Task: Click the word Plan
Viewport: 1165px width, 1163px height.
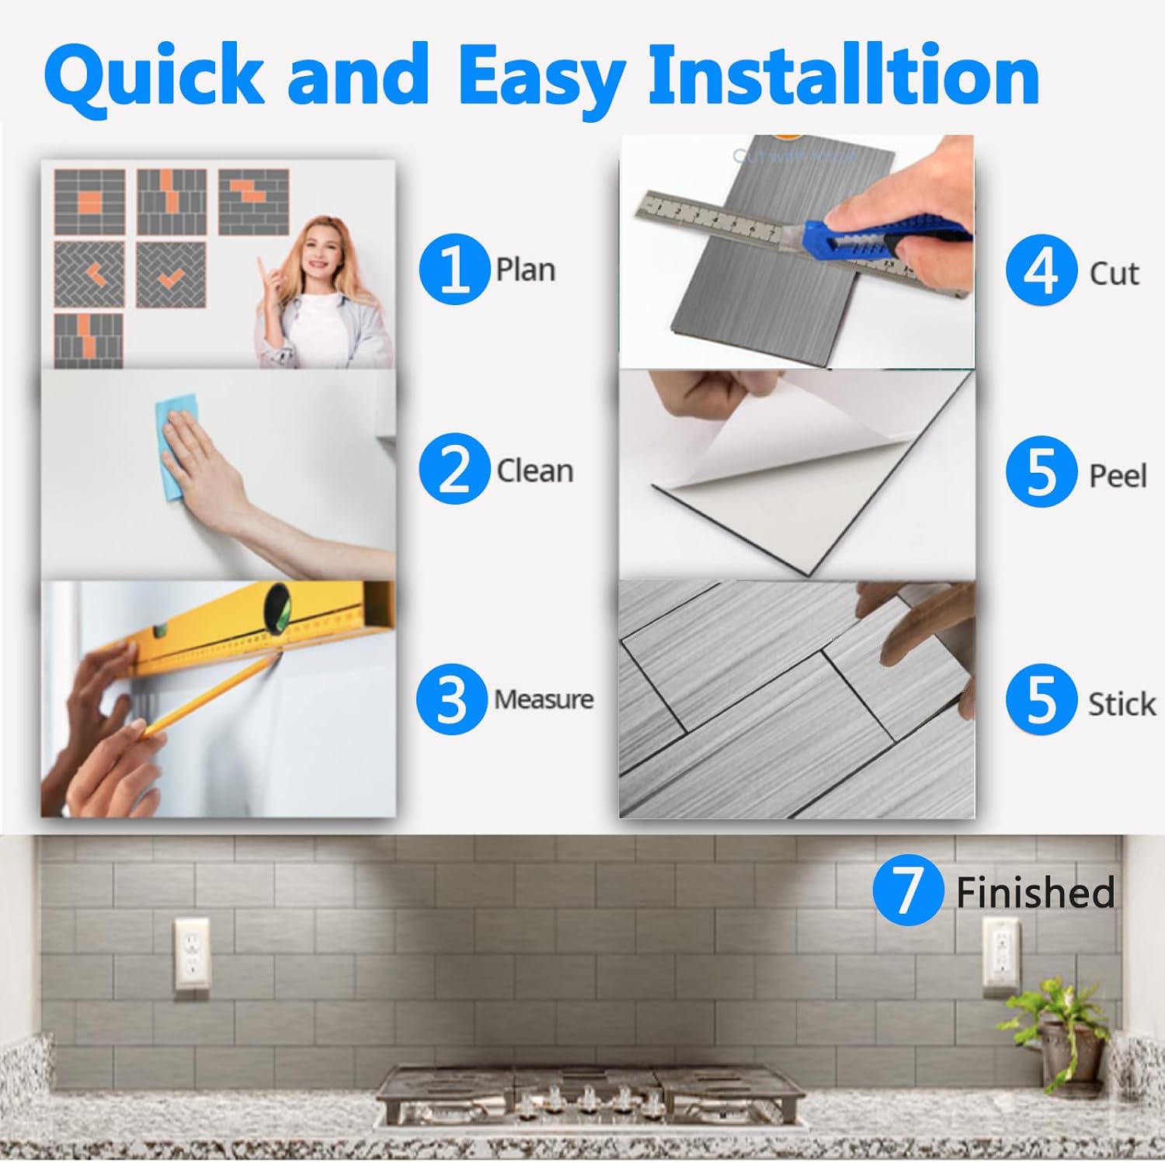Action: coord(526,270)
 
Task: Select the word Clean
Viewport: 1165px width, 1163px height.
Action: coord(534,470)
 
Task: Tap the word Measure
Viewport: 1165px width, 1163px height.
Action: coord(544,700)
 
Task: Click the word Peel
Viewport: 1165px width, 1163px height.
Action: coord(1118,475)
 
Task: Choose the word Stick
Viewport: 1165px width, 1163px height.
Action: coord(1122,704)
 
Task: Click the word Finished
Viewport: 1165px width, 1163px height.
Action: coord(1035,892)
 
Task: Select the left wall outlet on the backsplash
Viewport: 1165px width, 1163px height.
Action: coord(191,954)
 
